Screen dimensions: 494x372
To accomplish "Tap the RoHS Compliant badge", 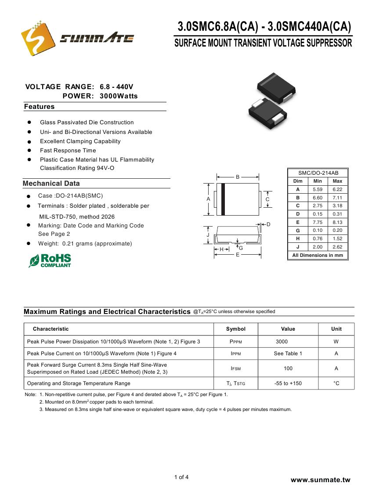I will (50, 260).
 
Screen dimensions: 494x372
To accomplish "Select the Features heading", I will (40, 107).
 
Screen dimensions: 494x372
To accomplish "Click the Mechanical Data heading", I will (51, 184).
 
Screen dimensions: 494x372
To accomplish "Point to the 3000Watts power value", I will (119, 96).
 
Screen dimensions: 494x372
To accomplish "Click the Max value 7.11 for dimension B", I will (337, 198).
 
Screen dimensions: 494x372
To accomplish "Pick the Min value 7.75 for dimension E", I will (318, 222).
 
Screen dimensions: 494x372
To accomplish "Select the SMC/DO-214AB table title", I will (318, 173).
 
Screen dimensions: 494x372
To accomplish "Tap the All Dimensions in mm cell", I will (318, 255).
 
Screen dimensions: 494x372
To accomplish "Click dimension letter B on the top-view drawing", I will (238, 177).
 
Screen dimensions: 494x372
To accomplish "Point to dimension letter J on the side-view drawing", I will (208, 235).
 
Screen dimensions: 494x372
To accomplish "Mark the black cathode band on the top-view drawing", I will (223, 199).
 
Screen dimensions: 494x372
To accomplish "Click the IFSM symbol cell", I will (236, 368).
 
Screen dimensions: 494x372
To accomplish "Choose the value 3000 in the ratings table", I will (282, 342).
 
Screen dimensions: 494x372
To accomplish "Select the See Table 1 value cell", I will (288, 353).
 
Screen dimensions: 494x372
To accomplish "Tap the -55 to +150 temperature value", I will (288, 383).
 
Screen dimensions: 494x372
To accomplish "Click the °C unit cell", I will (336, 383).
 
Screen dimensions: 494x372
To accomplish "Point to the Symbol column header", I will (236, 329).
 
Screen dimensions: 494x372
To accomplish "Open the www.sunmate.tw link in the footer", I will (321, 480).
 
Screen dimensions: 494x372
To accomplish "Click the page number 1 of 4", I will (181, 477).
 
